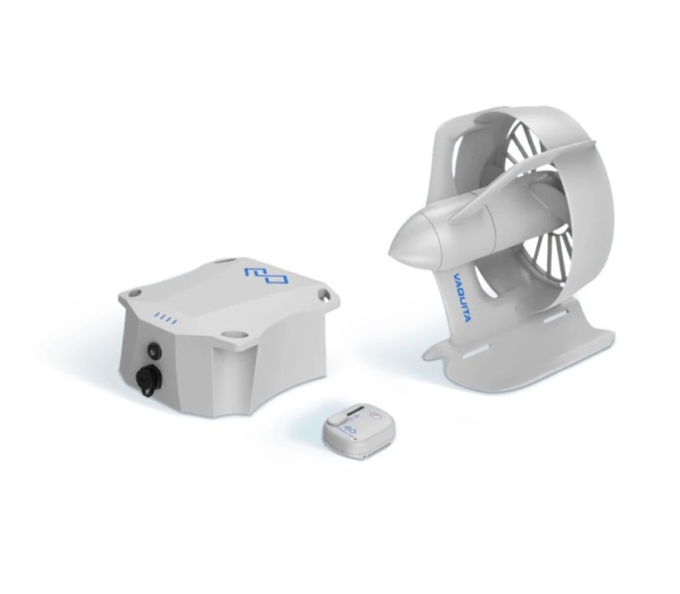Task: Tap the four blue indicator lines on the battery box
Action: pyautogui.click(x=166, y=319)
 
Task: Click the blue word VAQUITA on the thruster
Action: pyautogui.click(x=459, y=296)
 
